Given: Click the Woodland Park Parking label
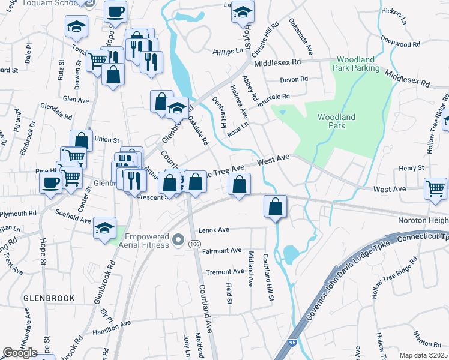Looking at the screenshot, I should point(358,64).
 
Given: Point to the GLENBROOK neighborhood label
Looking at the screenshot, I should point(49,298).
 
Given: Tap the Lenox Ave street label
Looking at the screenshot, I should point(215,230).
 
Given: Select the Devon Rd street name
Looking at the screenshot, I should point(294,79).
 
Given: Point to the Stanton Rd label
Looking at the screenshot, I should point(427,343).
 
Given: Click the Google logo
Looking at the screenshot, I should point(20,352).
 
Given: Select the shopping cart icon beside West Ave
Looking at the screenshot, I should point(436,188).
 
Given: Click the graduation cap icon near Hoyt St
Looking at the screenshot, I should point(242,13).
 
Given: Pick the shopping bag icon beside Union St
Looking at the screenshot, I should point(82,140).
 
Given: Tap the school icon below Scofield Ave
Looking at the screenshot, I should point(104,228).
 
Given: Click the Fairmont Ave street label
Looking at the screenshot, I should point(222,251).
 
